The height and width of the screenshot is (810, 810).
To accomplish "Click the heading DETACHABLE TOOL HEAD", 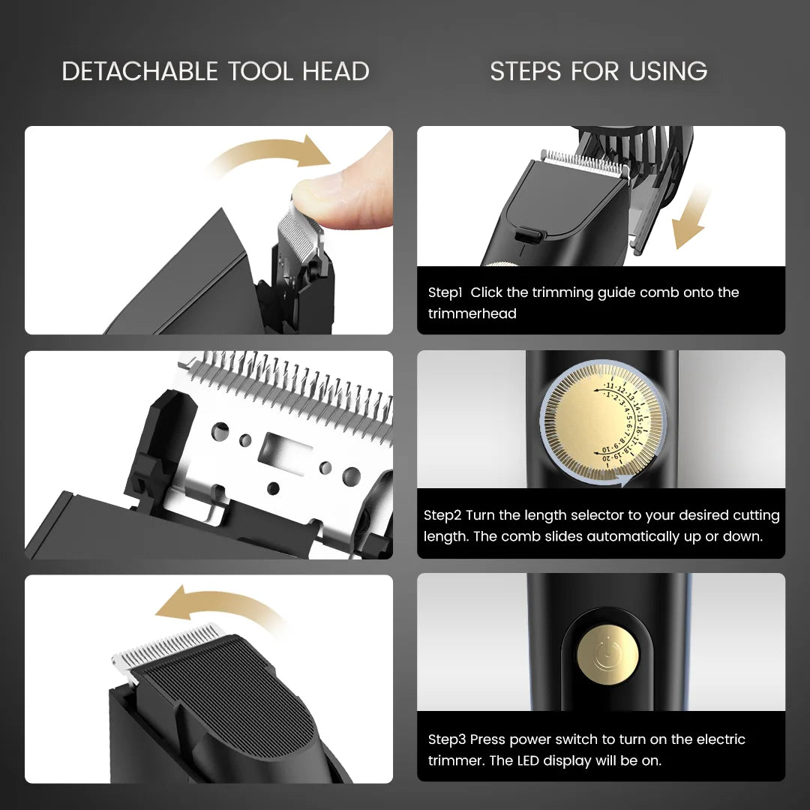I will (215, 71).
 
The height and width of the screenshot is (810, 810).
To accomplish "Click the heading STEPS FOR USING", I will (598, 71).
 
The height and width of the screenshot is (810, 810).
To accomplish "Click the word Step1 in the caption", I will (445, 292).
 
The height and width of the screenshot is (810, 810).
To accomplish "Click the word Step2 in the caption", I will (442, 515).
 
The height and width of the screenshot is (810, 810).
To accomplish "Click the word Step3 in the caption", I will (447, 739).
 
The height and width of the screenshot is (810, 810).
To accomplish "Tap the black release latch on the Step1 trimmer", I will (529, 235).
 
